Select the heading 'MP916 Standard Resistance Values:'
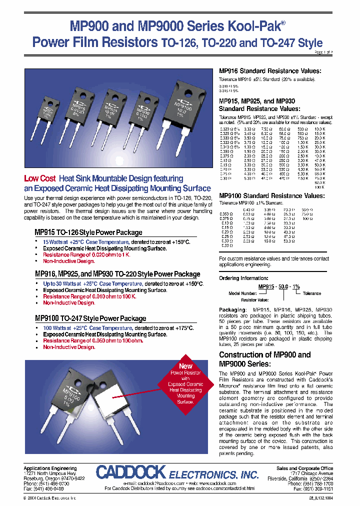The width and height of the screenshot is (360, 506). pyautogui.click(x=270, y=71)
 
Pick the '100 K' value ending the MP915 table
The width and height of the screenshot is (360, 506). pyautogui.click(x=320, y=186)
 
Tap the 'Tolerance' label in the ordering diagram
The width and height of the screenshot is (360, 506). pyautogui.click(x=312, y=293)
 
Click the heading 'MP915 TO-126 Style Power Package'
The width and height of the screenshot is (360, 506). pyautogui.click(x=88, y=232)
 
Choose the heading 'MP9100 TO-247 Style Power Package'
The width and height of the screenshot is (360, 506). pyautogui.click(x=90, y=318)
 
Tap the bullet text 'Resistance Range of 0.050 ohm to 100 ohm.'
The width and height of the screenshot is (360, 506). pyautogui.click(x=92, y=340)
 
